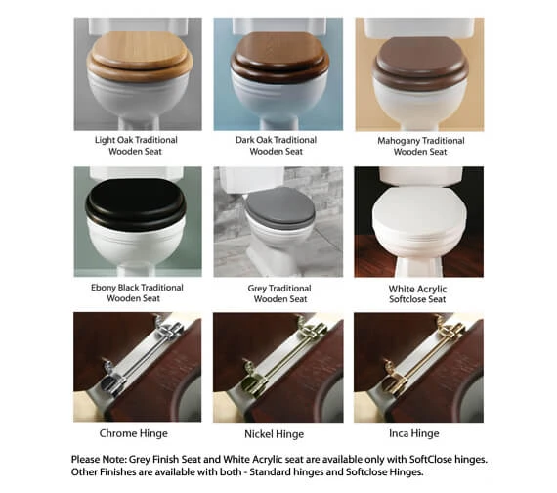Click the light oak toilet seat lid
point(138,55)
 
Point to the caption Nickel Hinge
point(276,431)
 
